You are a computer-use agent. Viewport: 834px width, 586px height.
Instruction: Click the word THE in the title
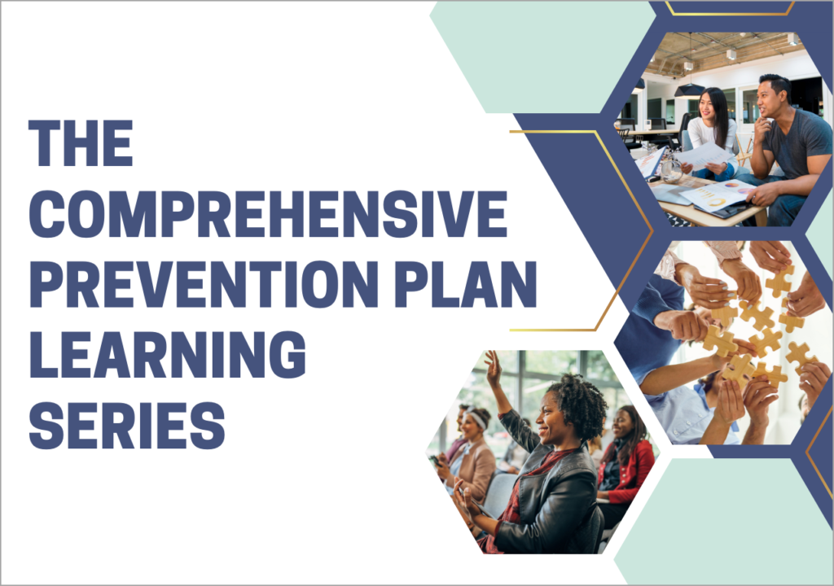click(81, 143)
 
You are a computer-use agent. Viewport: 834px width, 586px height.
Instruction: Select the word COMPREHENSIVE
click(268, 214)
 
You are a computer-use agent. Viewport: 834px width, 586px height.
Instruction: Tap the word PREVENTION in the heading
click(204, 285)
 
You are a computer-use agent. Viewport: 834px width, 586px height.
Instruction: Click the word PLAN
click(465, 285)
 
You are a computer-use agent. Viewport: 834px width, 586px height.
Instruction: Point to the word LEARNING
click(168, 355)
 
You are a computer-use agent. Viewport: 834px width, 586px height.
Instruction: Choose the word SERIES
click(127, 426)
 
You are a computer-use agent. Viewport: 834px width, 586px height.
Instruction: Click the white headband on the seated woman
click(476, 418)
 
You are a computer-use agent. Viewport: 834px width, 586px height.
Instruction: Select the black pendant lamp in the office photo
click(689, 90)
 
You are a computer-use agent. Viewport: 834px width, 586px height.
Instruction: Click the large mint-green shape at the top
click(542, 56)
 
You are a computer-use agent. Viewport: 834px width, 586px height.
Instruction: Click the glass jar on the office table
click(671, 171)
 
